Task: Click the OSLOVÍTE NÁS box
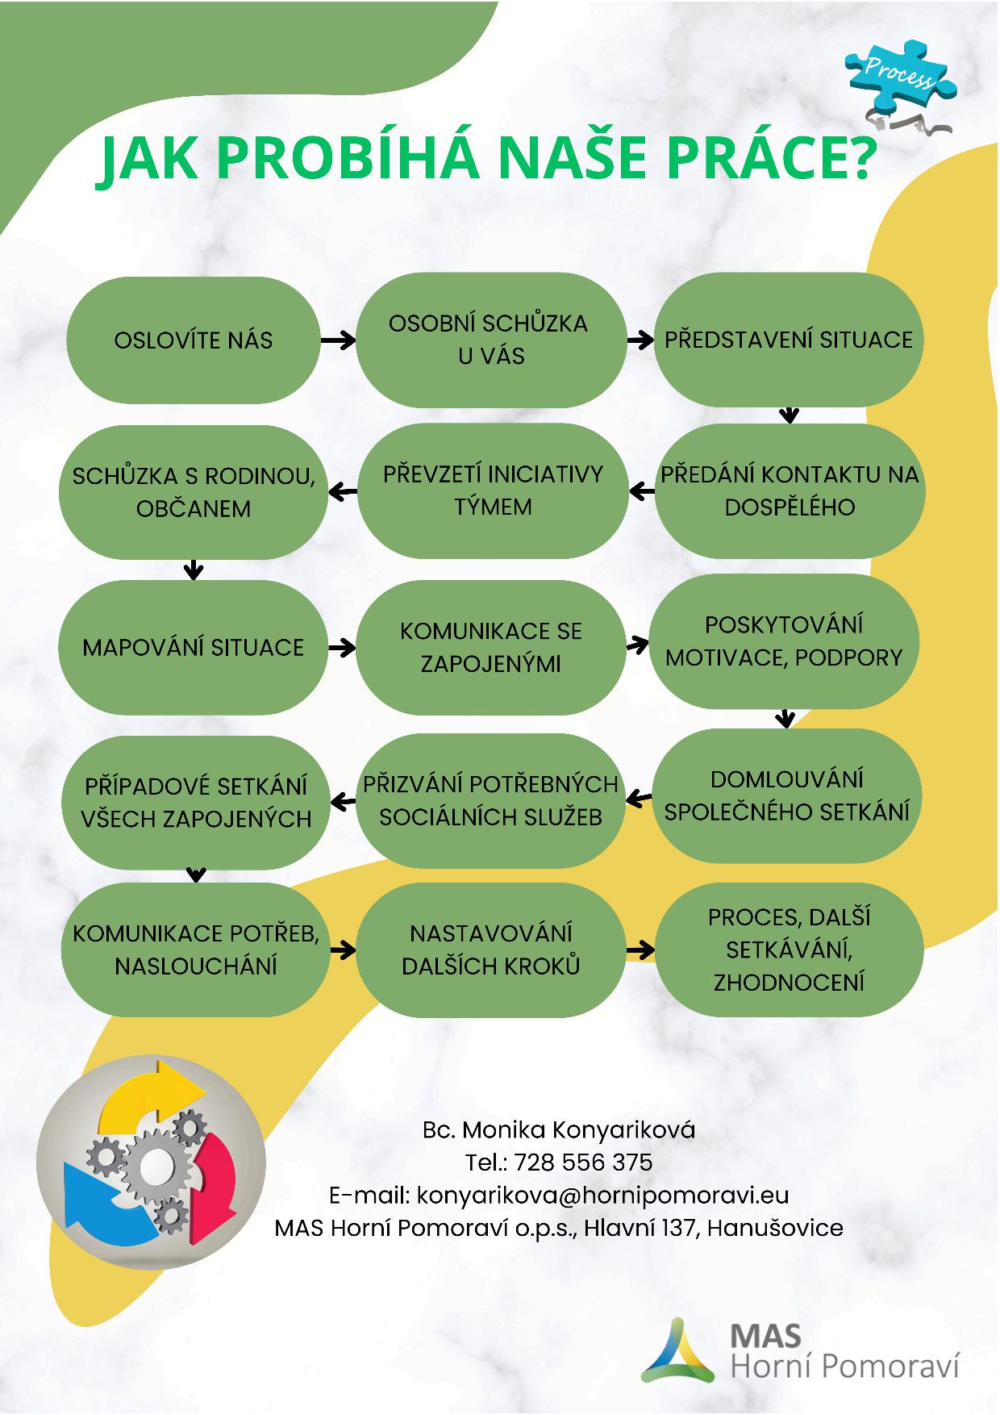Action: tap(194, 340)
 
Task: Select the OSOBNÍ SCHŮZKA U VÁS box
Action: tap(491, 340)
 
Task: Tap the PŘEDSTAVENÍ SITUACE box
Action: tap(789, 340)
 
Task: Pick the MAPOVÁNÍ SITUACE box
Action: tap(194, 647)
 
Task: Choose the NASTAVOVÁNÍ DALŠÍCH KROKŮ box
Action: tap(491, 950)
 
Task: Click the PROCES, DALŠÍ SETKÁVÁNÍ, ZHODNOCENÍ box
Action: tap(789, 950)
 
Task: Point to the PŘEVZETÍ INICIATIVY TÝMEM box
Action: tap(493, 490)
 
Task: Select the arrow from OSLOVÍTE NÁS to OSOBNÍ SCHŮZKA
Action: tap(338, 340)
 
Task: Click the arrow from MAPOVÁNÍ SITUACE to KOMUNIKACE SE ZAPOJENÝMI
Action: tap(342, 647)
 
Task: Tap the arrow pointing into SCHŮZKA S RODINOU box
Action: tap(345, 490)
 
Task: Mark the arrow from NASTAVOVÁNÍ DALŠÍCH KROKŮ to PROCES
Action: tap(640, 950)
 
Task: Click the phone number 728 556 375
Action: tap(582, 1162)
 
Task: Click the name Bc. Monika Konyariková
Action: tap(559, 1129)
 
